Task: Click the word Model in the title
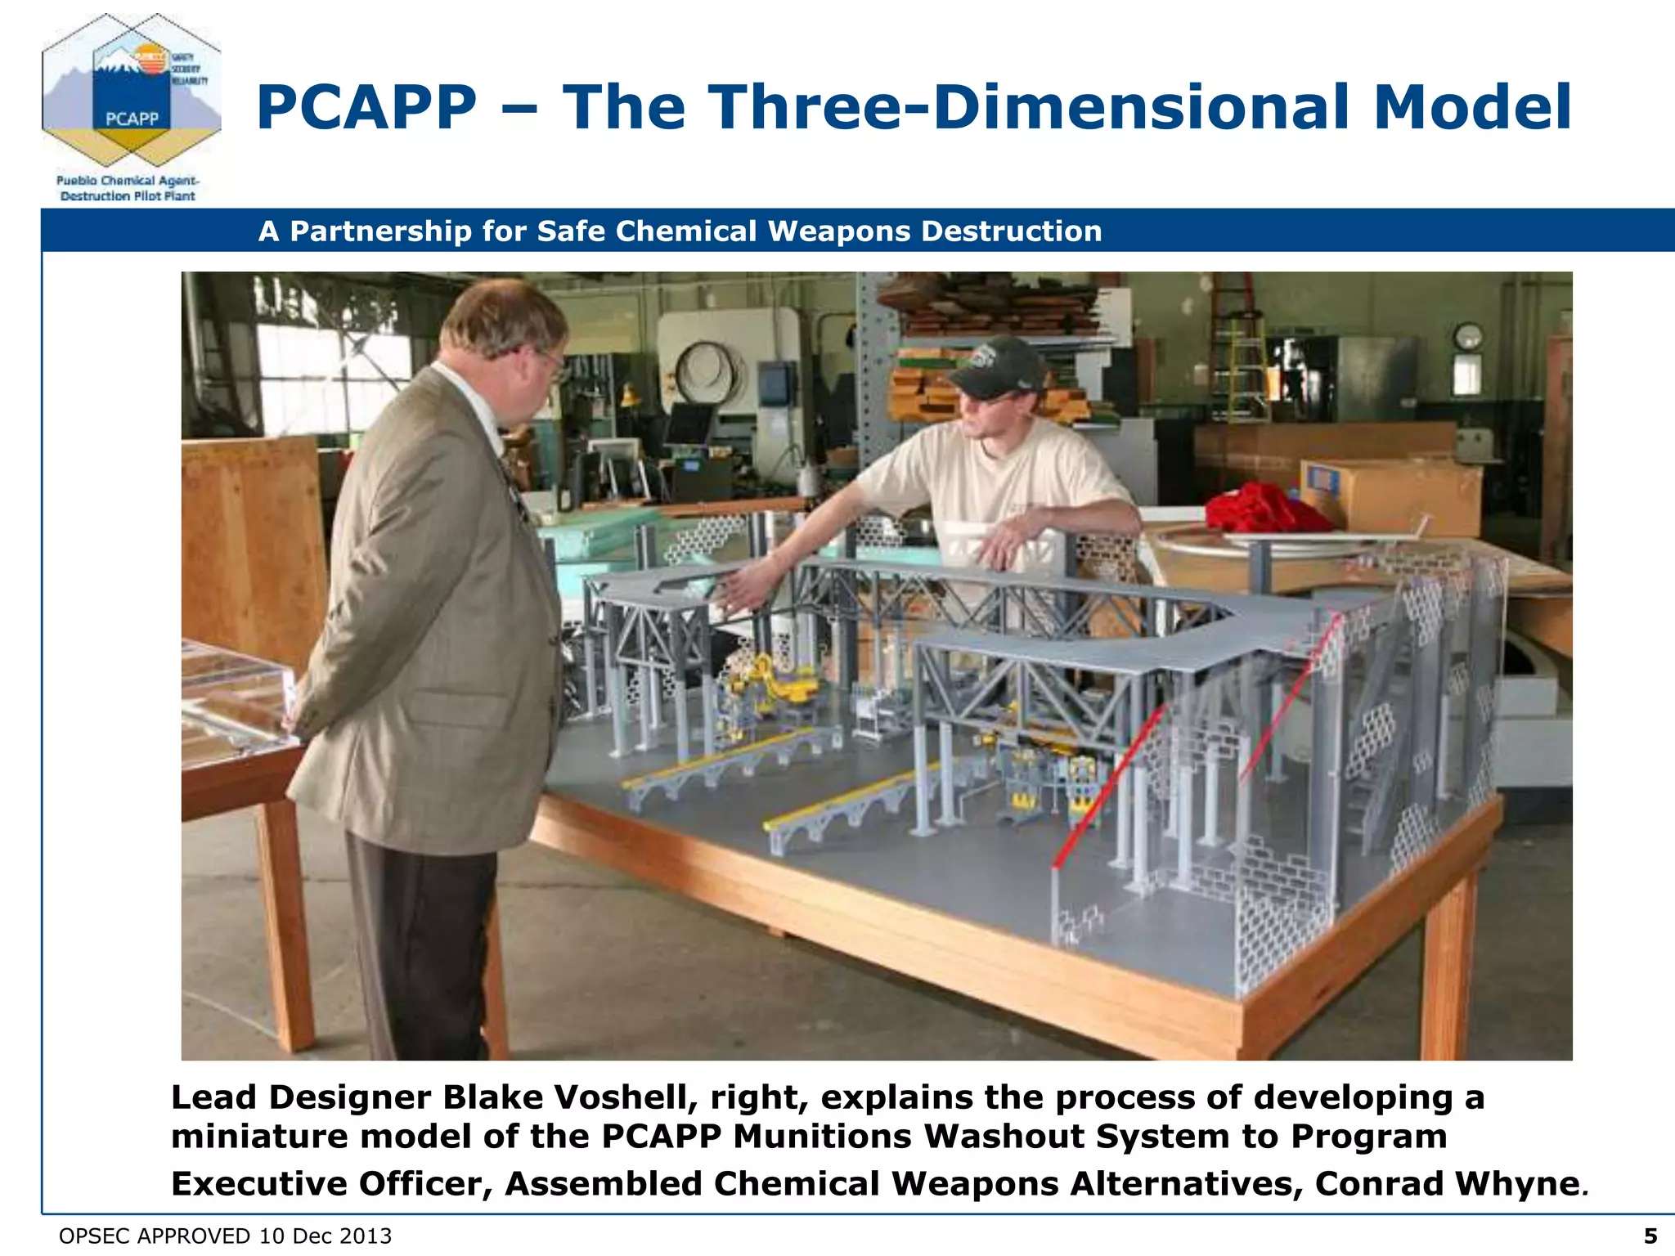pyautogui.click(x=1472, y=108)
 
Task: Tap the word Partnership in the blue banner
pyautogui.click(x=381, y=232)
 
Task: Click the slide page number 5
pyautogui.click(x=1650, y=1236)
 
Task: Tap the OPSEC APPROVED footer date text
pyautogui.click(x=226, y=1236)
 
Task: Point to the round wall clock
pyautogui.click(x=1468, y=337)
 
